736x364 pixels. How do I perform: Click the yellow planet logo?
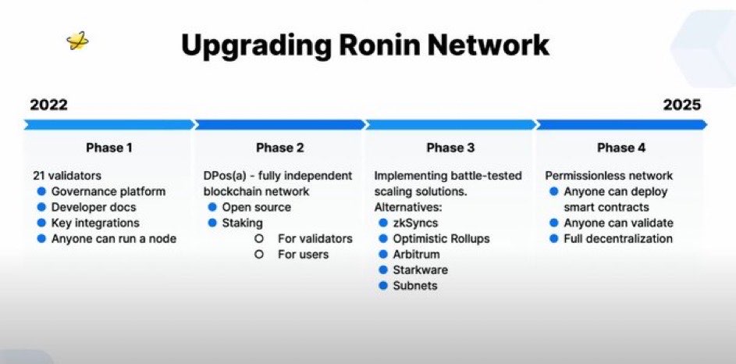click(x=77, y=41)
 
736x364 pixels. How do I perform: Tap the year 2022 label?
click(x=49, y=105)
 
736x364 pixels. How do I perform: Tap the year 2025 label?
click(x=682, y=105)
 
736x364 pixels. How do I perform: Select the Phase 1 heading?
click(x=109, y=148)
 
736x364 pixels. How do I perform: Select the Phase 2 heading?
click(x=279, y=148)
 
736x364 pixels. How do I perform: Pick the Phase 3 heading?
click(x=450, y=148)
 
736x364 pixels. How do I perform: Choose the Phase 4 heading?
click(x=621, y=148)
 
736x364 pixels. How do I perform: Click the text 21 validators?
click(x=67, y=176)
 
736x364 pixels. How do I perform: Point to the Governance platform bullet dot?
click(x=42, y=191)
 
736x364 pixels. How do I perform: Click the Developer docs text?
click(x=94, y=207)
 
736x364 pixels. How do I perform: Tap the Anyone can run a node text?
click(x=114, y=238)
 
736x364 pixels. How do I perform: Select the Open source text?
click(x=256, y=207)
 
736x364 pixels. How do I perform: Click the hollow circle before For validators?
click(x=258, y=238)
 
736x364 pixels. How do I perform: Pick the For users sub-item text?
click(x=303, y=255)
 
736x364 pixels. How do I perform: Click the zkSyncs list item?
click(x=415, y=223)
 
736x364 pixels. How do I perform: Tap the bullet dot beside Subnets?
click(x=383, y=286)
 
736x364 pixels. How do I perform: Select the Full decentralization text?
click(x=617, y=238)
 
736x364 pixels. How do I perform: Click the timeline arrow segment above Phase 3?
click(x=450, y=124)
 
